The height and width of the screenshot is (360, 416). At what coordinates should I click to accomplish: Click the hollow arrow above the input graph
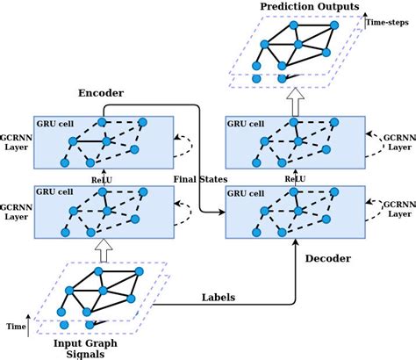104,252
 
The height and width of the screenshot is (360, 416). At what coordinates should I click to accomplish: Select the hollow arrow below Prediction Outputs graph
296,95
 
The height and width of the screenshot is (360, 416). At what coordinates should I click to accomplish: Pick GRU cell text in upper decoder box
246,123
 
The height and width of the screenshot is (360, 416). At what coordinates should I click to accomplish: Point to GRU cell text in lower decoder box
246,190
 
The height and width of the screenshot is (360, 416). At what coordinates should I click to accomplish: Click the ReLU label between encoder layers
104,178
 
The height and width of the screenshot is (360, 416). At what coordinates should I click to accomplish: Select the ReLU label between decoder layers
295,178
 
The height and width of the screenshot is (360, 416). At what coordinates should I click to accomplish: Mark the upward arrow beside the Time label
30,327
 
